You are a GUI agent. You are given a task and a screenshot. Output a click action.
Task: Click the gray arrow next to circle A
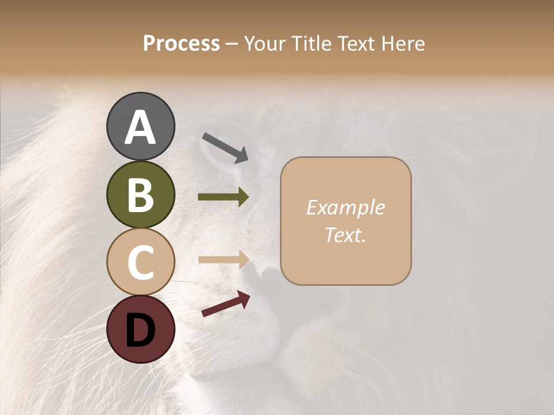[225, 147]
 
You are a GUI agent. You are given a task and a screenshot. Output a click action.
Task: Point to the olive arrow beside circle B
[223, 197]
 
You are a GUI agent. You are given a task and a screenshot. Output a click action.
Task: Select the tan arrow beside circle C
[223, 259]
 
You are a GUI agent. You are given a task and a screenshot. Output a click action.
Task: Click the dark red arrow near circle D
[226, 304]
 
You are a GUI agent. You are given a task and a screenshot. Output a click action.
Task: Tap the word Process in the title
[181, 44]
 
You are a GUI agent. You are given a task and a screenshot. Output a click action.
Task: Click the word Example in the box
[345, 207]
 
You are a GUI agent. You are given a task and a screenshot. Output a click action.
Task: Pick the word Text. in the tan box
[345, 235]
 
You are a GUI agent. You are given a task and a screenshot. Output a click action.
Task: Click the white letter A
[140, 128]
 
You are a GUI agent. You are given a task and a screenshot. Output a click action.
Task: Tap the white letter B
[140, 195]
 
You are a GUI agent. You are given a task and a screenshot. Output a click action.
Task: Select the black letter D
[140, 330]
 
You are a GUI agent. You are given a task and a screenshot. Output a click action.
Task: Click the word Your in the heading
[265, 44]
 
